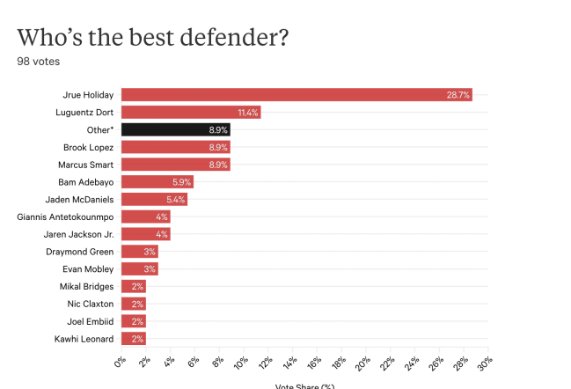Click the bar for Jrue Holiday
(296, 94)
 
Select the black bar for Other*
(175, 129)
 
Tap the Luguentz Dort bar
(190, 112)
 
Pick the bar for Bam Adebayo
(157, 181)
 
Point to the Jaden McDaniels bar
(153, 199)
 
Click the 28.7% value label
(458, 94)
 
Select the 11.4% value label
(247, 112)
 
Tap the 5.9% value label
(181, 181)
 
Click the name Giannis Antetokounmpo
(65, 217)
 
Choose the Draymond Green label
(78, 251)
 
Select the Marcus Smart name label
(83, 164)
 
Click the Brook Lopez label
(87, 147)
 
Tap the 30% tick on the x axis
(484, 363)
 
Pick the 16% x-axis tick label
(314, 363)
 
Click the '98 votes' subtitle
(39, 62)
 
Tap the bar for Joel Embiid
(133, 320)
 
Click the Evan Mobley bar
(139, 268)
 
